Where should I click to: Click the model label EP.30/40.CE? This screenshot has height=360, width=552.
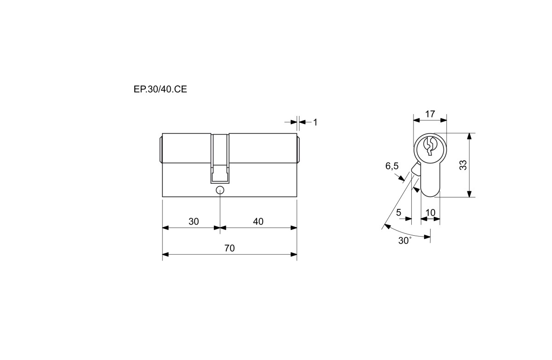pos(160,89)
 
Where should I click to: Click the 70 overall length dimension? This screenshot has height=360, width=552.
pos(230,248)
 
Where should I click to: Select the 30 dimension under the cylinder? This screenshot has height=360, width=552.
pos(194,221)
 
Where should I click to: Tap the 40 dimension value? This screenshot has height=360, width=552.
pos(258,221)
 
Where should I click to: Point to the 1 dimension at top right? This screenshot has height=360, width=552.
pos(315,122)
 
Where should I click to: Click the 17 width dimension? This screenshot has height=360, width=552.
pos(430,114)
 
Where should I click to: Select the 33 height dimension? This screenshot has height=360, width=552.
pos(463,165)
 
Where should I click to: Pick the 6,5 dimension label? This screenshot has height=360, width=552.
pos(392,166)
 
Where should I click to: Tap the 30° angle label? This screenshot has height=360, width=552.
pos(405,241)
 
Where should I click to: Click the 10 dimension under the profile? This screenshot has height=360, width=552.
pos(431,213)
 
